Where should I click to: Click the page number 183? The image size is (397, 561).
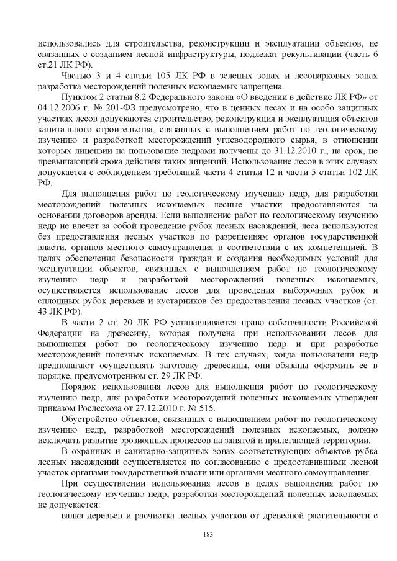click(x=199, y=534)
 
